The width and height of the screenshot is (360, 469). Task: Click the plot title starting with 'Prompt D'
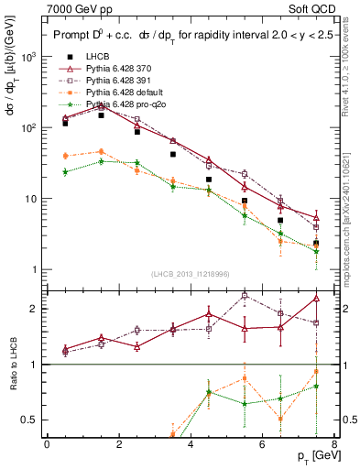183,36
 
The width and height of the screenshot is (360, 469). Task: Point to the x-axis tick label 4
191,444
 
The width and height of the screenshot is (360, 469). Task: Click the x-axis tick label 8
334,444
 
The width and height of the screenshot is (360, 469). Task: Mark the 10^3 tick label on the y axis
27,57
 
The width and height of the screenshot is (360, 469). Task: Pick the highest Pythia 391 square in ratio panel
245,296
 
